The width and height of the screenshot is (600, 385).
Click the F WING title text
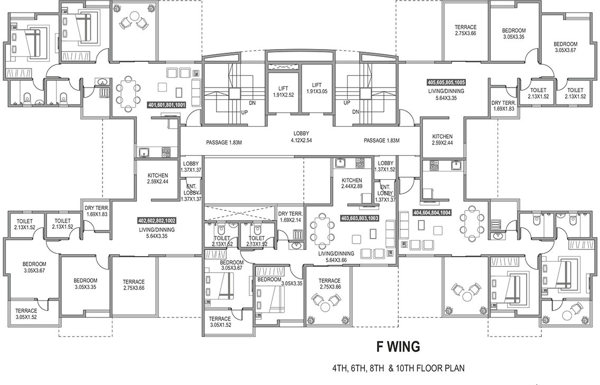pyautogui.click(x=398, y=346)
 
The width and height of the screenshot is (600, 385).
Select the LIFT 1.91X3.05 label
pyautogui.click(x=317, y=88)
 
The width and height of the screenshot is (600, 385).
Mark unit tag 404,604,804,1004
pyautogui.click(x=432, y=214)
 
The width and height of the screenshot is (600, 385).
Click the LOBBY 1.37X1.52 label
pyautogui.click(x=386, y=167)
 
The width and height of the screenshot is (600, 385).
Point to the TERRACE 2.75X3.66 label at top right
pyautogui.click(x=465, y=31)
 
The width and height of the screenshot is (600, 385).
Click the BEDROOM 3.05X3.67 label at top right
pyautogui.click(x=565, y=47)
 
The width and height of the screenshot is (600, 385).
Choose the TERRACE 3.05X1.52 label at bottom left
pyautogui.click(x=26, y=314)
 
